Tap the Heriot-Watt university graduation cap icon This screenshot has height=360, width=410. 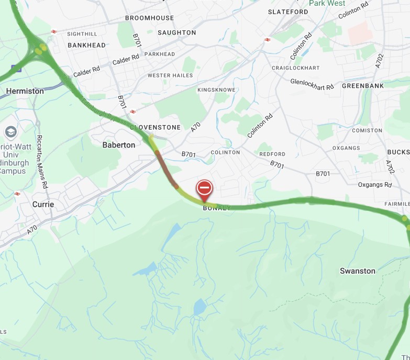tap(10, 131)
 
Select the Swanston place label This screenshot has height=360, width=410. tap(358, 271)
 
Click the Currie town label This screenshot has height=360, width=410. tap(43, 204)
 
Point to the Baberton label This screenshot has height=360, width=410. tap(119, 145)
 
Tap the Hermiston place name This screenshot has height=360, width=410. tap(25, 91)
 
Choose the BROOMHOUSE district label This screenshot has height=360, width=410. tap(149, 18)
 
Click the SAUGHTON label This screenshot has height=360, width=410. tap(176, 32)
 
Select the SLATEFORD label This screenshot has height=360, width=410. tap(288, 12)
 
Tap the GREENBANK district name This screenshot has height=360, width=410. tap(363, 86)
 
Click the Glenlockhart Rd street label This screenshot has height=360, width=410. tap(312, 84)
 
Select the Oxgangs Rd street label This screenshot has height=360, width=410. tap(375, 185)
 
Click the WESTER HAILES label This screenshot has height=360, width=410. tap(170, 75)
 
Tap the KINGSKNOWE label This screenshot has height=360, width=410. tap(216, 90)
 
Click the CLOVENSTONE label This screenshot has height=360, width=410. tap(156, 127)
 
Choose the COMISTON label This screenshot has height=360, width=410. tap(367, 130)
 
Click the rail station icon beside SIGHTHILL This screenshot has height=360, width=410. tap(53, 32)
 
